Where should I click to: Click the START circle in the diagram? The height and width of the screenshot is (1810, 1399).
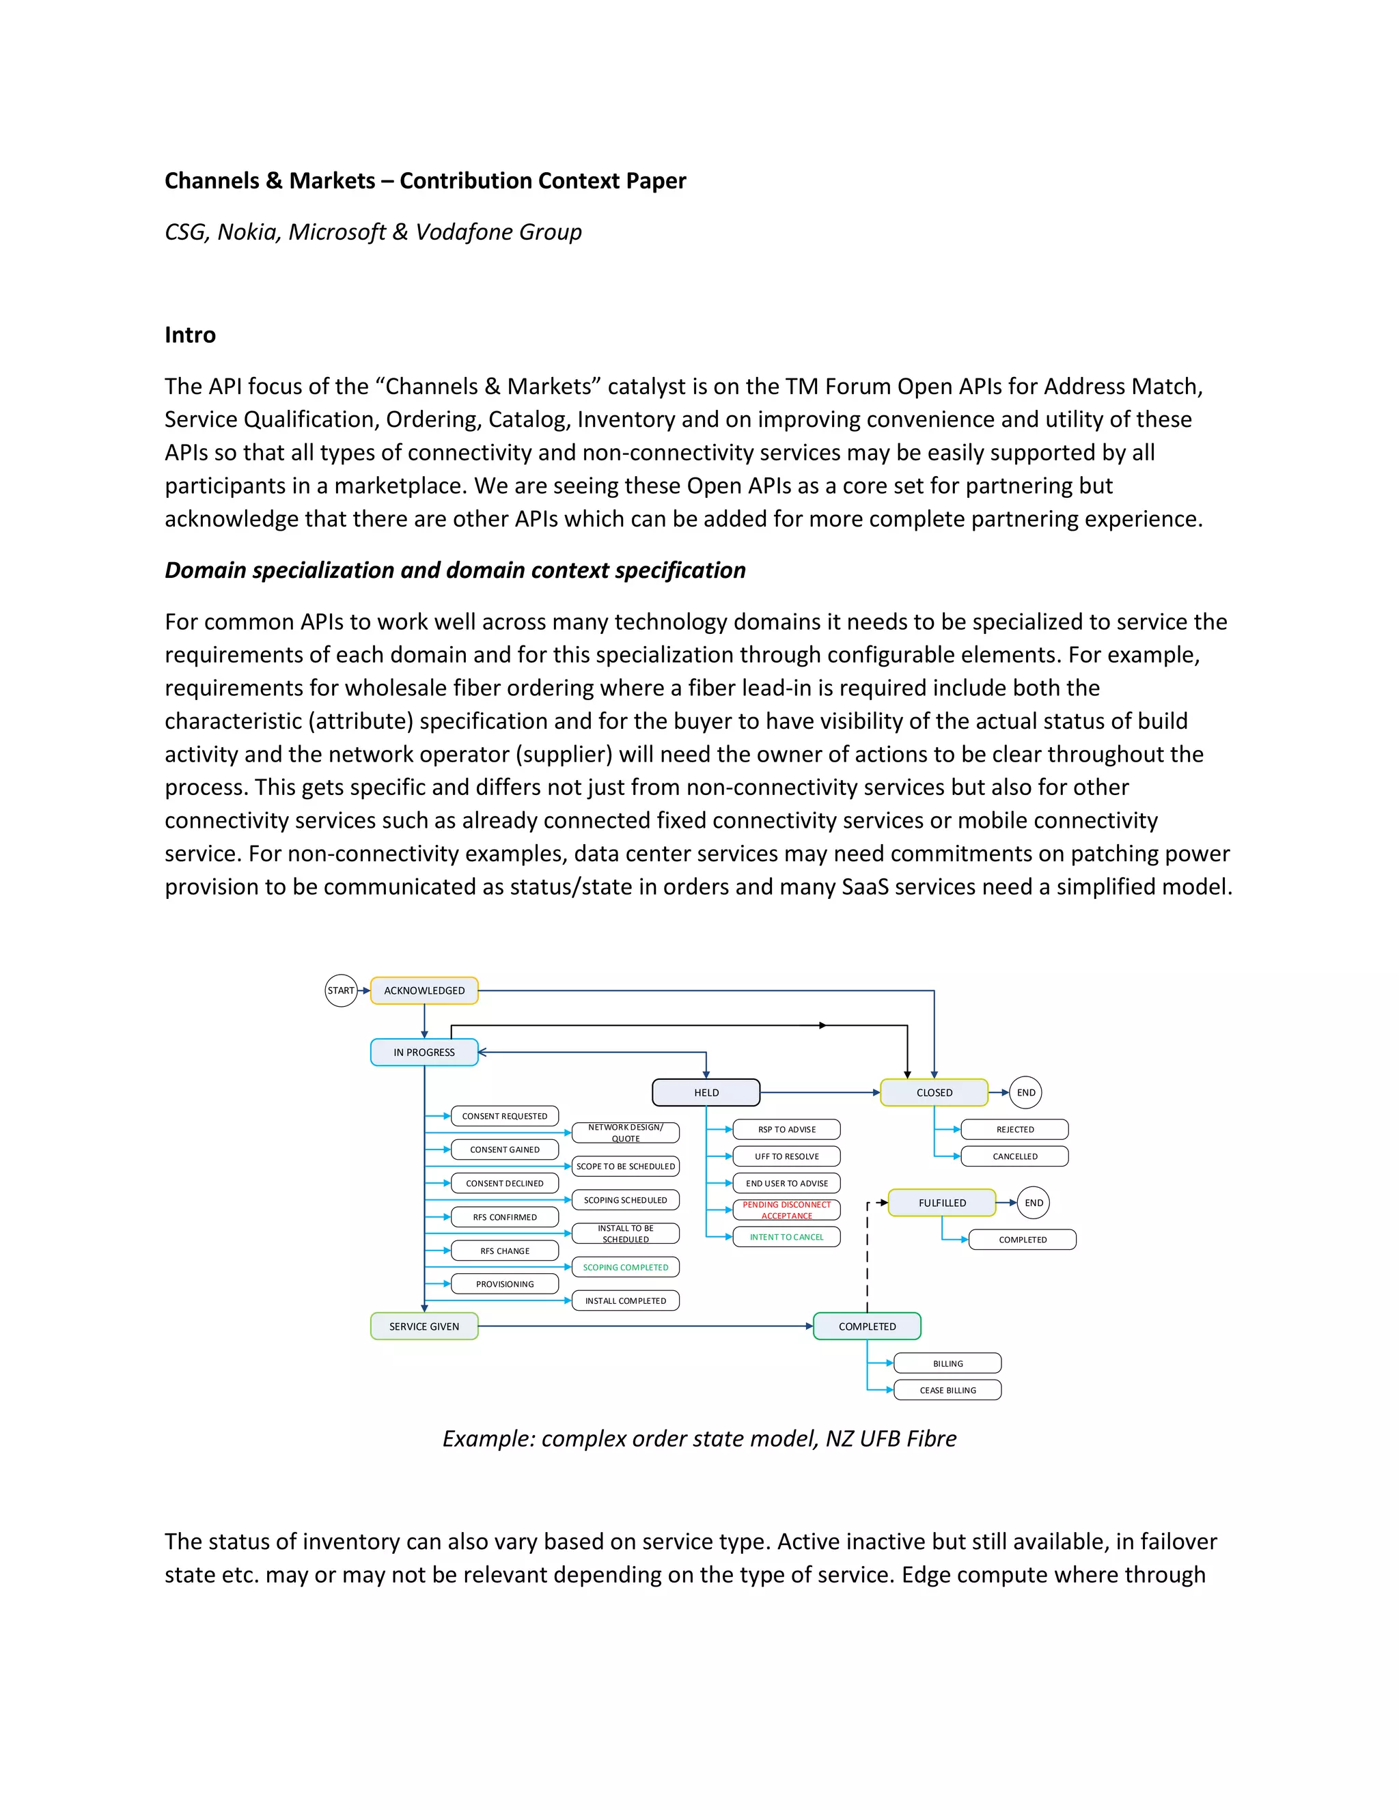[x=341, y=990]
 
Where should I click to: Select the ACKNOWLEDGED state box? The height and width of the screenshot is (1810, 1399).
[x=424, y=990]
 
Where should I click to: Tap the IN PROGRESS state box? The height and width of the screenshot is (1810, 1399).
[x=424, y=1053]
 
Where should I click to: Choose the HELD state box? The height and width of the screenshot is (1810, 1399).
[x=706, y=1092]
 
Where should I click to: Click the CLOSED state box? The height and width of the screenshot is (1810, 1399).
[x=934, y=1092]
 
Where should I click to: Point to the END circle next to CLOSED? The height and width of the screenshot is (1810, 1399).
[x=1026, y=1092]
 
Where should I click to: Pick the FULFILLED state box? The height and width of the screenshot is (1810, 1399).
[x=941, y=1203]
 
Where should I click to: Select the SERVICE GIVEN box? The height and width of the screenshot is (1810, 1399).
[x=424, y=1326]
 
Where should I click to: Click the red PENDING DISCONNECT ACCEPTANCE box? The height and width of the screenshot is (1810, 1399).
[x=786, y=1210]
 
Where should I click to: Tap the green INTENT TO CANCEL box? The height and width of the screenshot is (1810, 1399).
[x=786, y=1236]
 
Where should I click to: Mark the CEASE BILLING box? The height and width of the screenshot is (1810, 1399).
[x=947, y=1390]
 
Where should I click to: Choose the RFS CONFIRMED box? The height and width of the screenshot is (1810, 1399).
[x=505, y=1216]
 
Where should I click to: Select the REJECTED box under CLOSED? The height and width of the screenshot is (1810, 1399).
[x=1014, y=1130]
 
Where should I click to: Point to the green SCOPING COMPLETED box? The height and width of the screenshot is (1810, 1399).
[x=626, y=1267]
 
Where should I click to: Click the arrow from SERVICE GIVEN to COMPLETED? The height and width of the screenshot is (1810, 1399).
[x=646, y=1326]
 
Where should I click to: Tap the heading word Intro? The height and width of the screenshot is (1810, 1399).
[x=190, y=335]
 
